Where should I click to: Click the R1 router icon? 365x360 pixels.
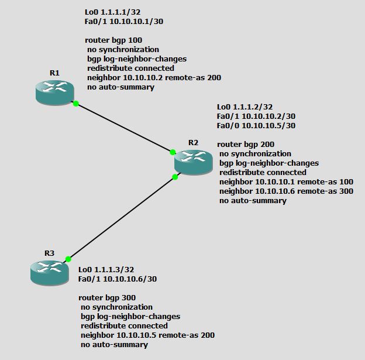click(54, 92)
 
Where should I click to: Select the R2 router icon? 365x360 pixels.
click(193, 161)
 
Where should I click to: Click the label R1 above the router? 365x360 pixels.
click(54, 73)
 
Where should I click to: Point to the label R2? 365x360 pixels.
click(194, 142)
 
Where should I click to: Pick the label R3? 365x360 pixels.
click(49, 253)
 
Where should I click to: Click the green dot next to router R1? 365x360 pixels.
click(76, 104)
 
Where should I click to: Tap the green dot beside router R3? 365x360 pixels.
click(68, 259)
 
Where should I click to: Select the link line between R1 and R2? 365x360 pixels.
click(124, 128)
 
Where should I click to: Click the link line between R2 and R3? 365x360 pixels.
click(122, 218)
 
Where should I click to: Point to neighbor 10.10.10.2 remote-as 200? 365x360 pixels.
click(154, 78)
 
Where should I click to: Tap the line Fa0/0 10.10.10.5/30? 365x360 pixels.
click(256, 126)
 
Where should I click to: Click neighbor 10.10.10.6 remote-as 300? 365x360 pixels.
click(286, 191)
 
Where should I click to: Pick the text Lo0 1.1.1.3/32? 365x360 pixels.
click(106, 270)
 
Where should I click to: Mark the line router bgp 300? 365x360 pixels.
click(107, 298)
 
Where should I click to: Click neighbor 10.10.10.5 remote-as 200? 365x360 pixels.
click(147, 335)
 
